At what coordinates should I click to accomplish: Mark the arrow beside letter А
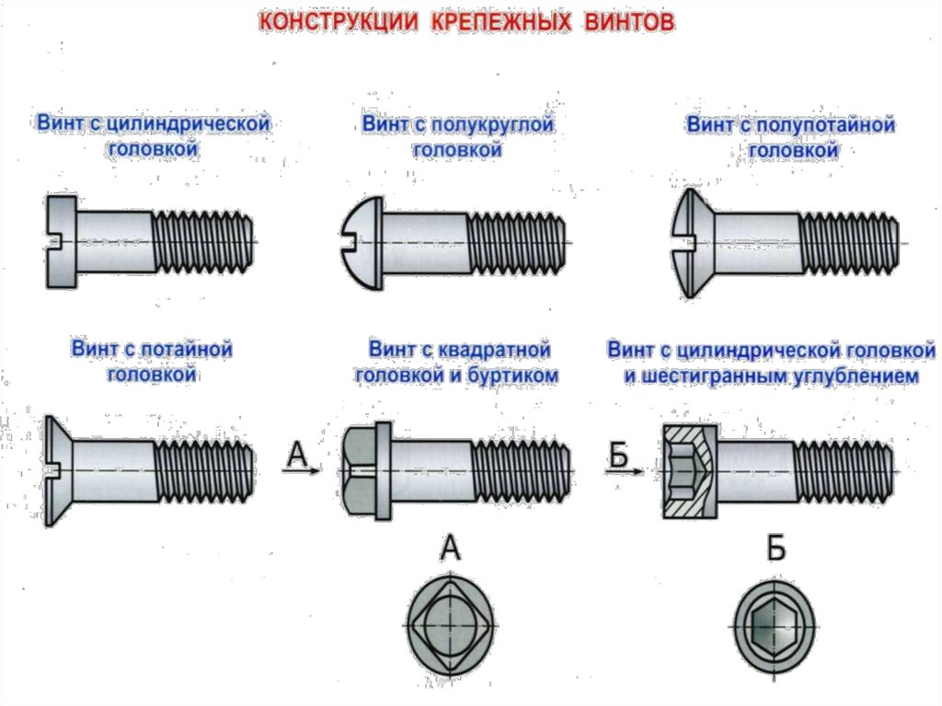(303, 470)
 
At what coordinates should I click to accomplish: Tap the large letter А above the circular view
(450, 550)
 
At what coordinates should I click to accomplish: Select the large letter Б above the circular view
(776, 550)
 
